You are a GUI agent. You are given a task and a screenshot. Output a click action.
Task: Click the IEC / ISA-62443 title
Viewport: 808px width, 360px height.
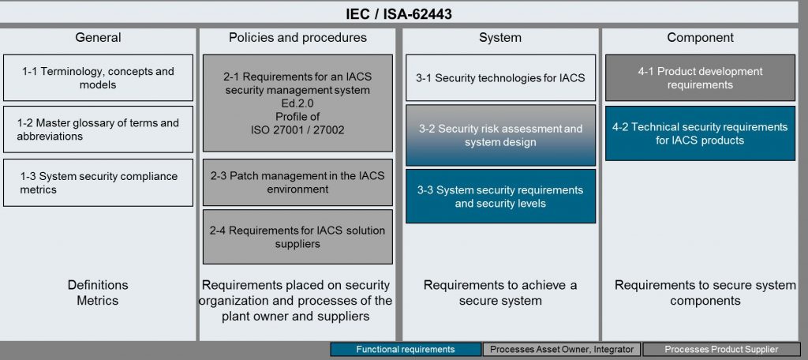[398, 14]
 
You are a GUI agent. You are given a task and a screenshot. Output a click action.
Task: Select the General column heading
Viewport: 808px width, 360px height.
[98, 38]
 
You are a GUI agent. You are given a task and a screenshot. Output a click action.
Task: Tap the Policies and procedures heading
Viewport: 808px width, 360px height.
[297, 38]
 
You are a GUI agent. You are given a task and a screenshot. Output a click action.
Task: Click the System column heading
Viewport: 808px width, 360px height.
[499, 38]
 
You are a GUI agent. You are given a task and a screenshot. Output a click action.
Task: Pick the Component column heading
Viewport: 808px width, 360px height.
[701, 38]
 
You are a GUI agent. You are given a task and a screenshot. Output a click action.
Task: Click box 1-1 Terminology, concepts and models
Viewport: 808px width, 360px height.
[98, 78]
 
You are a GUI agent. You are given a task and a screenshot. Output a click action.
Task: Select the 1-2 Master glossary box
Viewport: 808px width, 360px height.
[98, 129]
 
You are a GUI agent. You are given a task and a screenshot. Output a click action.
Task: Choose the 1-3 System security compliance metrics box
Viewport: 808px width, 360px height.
[98, 182]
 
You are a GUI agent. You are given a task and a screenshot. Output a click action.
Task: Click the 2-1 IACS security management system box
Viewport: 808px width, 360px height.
[297, 103]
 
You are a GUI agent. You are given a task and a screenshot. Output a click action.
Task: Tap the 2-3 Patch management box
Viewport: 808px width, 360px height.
[297, 182]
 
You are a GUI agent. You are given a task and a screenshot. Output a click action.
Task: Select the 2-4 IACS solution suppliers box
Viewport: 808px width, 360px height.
[297, 237]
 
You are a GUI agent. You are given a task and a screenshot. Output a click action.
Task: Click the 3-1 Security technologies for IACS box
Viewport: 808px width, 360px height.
[500, 78]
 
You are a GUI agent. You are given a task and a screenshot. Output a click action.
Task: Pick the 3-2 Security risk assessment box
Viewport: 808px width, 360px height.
[500, 135]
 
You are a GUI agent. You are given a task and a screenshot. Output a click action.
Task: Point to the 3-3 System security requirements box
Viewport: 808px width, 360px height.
[500, 196]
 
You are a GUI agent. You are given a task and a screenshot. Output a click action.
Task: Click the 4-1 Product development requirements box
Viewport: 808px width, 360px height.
[701, 78]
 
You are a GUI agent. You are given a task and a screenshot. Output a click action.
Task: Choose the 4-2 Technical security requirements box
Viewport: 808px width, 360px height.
[701, 133]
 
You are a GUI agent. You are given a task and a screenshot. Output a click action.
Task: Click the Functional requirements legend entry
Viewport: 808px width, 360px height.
[406, 349]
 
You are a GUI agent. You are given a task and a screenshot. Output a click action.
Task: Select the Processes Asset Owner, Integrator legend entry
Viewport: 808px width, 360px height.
[562, 349]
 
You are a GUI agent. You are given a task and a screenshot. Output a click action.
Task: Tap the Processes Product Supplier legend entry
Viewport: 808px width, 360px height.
[721, 349]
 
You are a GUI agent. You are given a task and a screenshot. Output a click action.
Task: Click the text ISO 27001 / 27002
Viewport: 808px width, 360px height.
[297, 130]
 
